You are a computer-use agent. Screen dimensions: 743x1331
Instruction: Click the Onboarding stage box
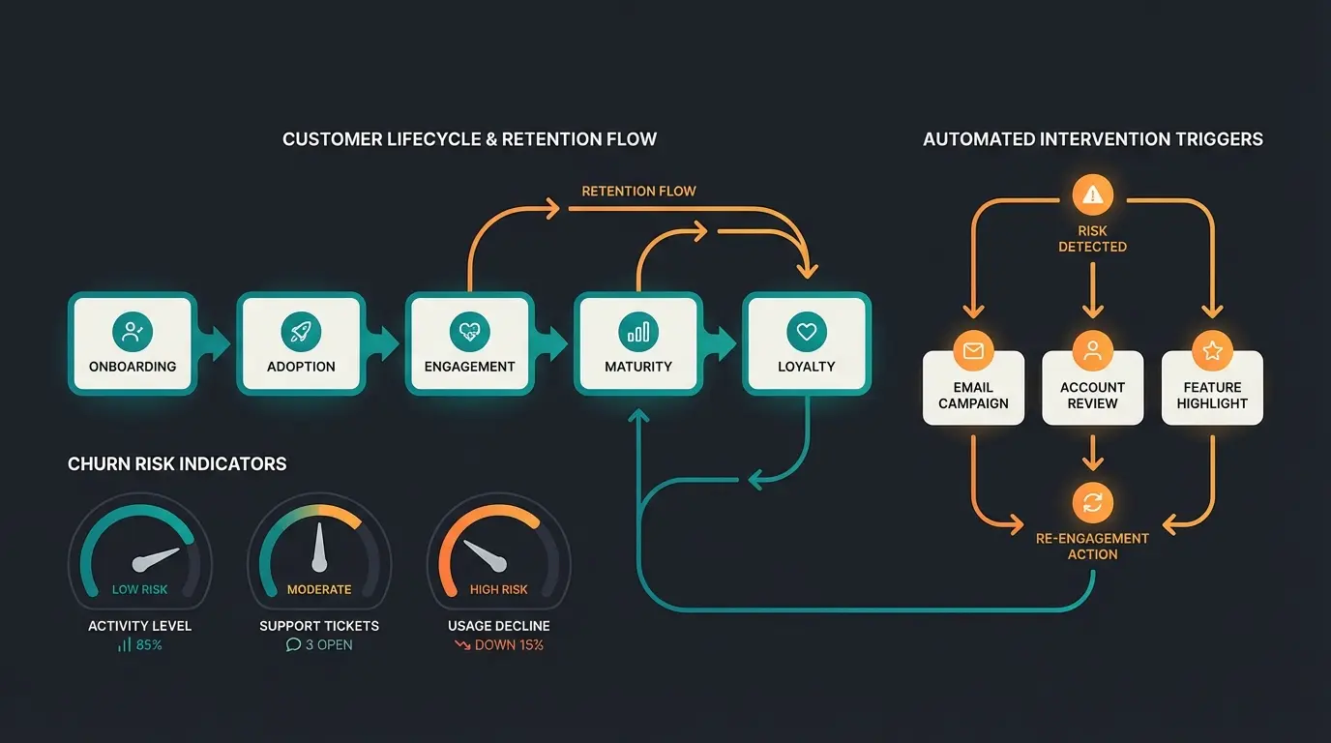click(133, 344)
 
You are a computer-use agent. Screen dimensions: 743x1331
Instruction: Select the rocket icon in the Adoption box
click(301, 332)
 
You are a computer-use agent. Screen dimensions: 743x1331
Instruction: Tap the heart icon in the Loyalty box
click(806, 332)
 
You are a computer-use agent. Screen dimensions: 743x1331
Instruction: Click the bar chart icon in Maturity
click(637, 332)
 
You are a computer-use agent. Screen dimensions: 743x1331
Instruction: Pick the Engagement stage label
click(469, 367)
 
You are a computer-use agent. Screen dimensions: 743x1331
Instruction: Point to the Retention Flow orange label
click(638, 191)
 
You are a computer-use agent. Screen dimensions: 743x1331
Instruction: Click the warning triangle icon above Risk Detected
click(1092, 195)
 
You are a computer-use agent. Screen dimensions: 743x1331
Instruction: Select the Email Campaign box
click(973, 388)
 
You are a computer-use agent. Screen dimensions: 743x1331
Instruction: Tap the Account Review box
click(1092, 388)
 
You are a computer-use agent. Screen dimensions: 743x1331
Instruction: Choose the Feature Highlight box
click(1212, 388)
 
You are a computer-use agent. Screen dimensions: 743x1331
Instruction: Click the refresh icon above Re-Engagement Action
click(1092, 502)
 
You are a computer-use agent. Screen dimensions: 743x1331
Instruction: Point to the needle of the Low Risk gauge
click(157, 559)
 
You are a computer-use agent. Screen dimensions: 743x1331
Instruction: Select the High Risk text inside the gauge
click(499, 589)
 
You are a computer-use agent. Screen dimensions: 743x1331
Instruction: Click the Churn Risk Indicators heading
click(177, 464)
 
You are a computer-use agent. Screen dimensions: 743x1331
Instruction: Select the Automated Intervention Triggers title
click(1092, 139)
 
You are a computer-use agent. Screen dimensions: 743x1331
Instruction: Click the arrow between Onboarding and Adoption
click(218, 342)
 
